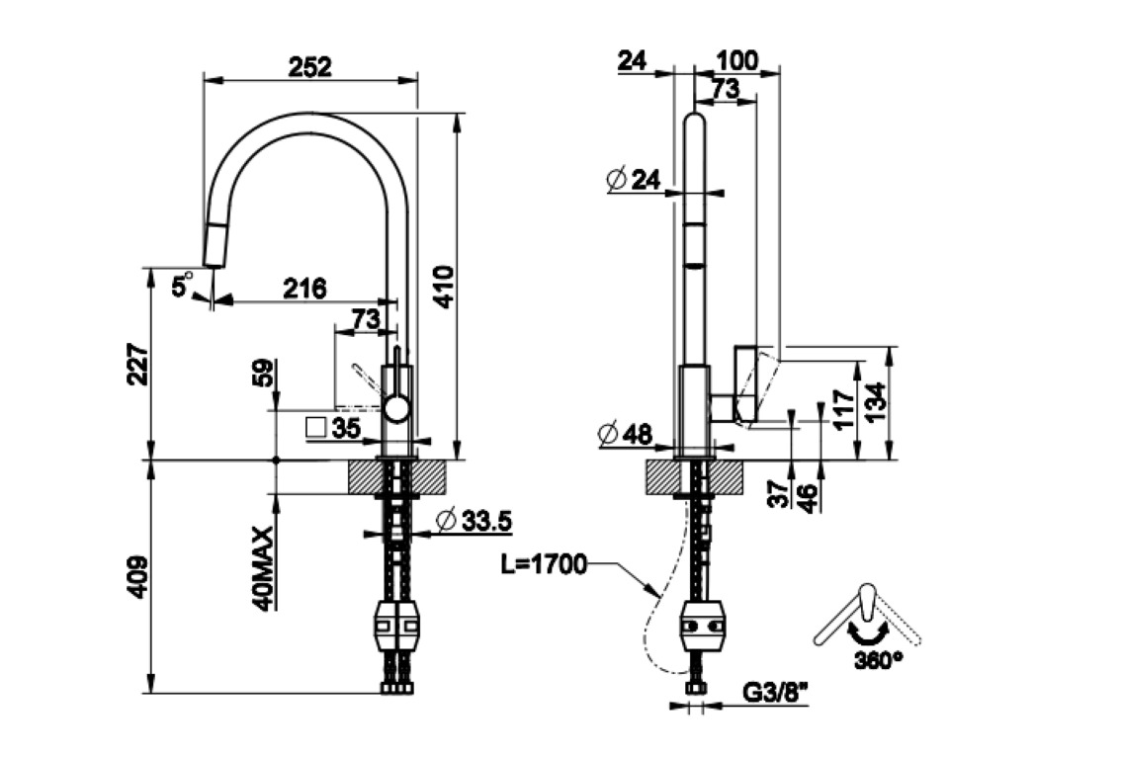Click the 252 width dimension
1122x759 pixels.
pyautogui.click(x=309, y=66)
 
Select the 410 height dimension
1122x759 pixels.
pyautogui.click(x=444, y=287)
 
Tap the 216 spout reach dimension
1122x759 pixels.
pyautogui.click(x=305, y=289)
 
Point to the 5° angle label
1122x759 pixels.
pyautogui.click(x=182, y=287)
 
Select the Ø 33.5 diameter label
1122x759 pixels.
pyautogui.click(x=472, y=520)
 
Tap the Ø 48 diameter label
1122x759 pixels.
pyautogui.click(x=626, y=433)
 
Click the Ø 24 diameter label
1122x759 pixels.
pyautogui.click(x=632, y=179)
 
